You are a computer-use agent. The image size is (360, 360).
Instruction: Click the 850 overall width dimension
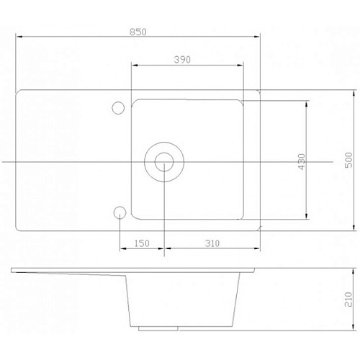(138, 32)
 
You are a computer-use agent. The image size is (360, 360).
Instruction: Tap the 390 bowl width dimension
(182, 60)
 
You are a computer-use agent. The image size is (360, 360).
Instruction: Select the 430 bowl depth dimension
(302, 161)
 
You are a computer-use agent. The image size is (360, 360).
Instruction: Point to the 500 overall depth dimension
(348, 160)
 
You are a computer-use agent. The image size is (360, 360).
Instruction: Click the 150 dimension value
(142, 243)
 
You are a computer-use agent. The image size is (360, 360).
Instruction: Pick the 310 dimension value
(212, 243)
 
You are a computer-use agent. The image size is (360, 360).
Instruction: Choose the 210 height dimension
(348, 300)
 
